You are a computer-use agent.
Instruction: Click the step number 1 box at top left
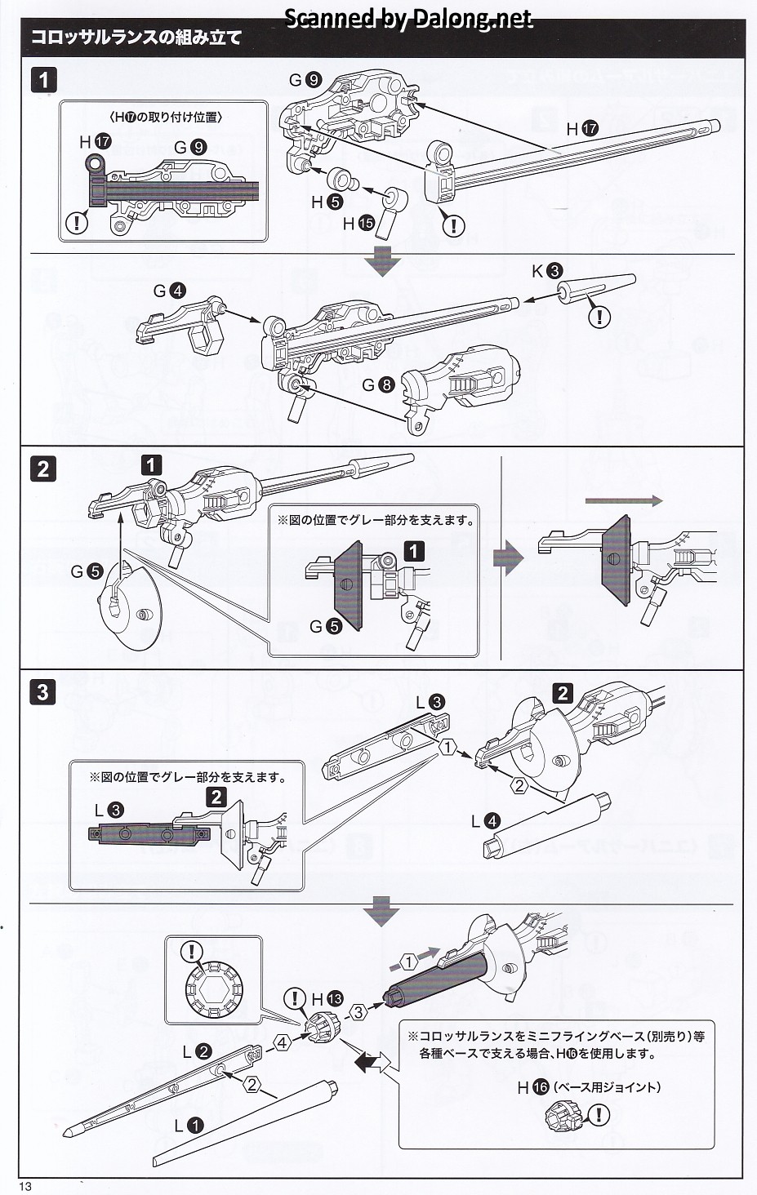click(x=43, y=80)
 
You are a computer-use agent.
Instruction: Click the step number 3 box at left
click(x=42, y=692)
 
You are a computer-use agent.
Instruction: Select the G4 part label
click(x=169, y=291)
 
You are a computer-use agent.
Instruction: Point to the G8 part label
click(x=378, y=384)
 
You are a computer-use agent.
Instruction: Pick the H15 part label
click(x=358, y=223)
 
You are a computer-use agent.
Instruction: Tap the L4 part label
click(x=485, y=821)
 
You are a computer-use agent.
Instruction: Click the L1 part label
click(x=188, y=1125)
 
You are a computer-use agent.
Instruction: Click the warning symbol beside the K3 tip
click(x=599, y=316)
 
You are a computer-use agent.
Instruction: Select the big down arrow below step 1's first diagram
click(x=382, y=259)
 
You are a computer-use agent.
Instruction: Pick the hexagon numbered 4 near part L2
click(x=282, y=1042)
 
